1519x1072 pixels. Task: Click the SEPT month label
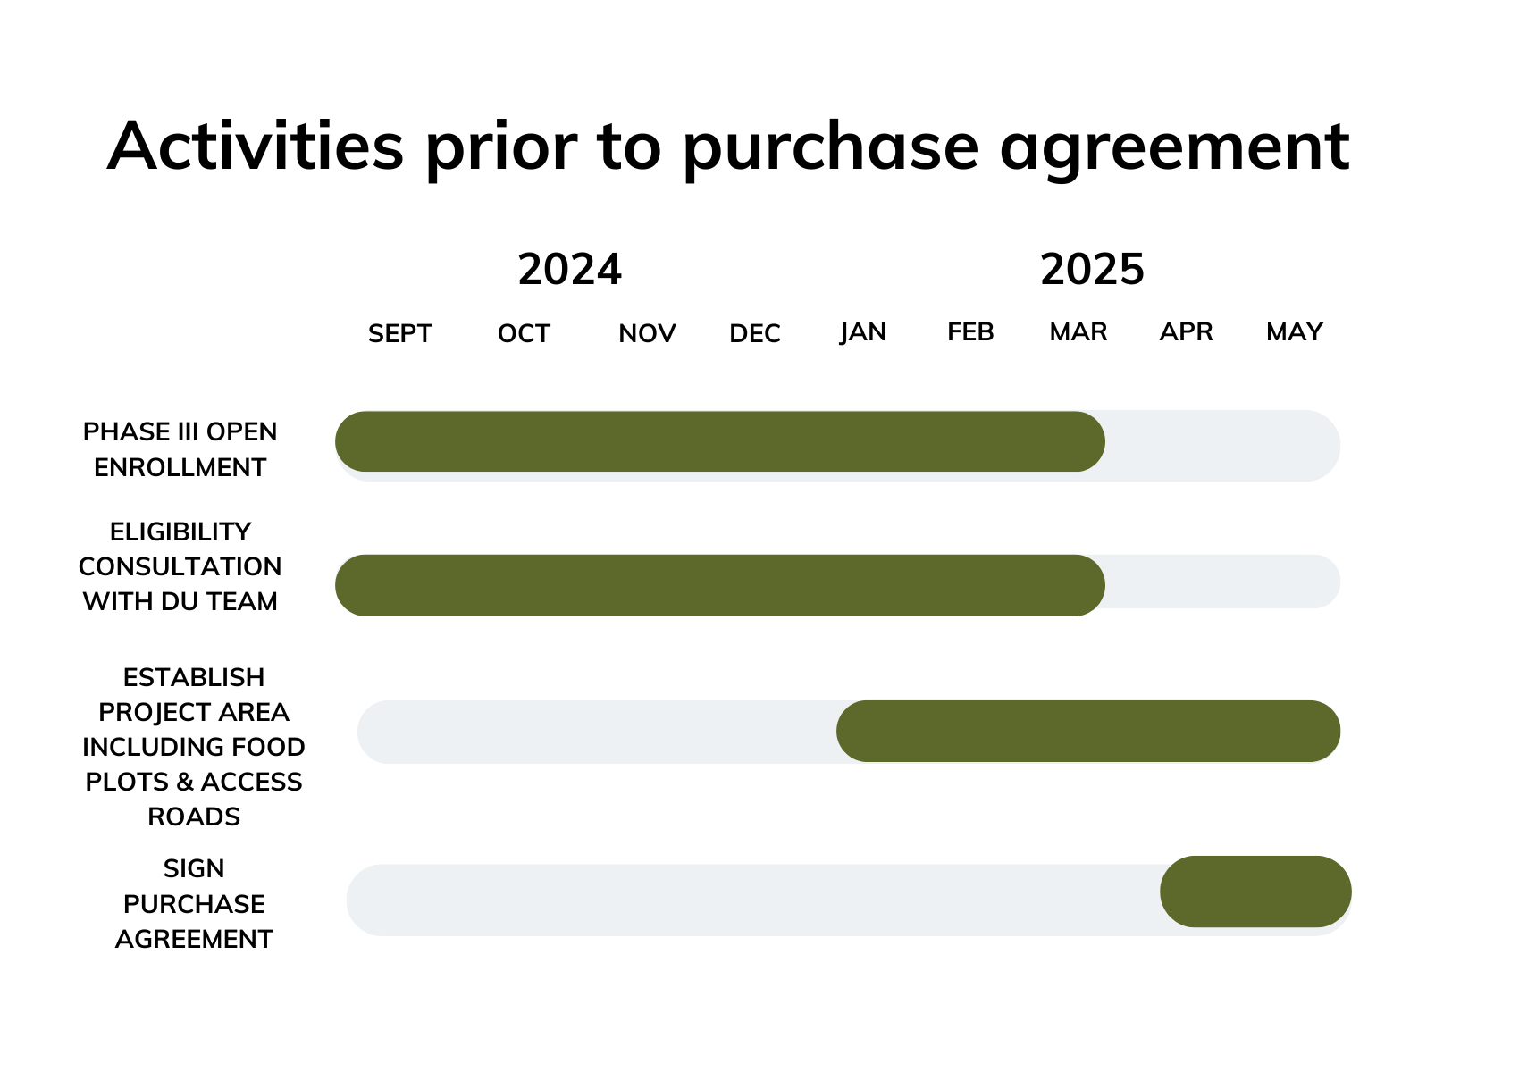click(x=399, y=333)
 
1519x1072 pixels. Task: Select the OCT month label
click(x=524, y=333)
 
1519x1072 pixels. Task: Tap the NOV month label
click(x=647, y=333)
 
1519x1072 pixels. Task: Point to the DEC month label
click(x=755, y=333)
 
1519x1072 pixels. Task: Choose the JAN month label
click(x=863, y=331)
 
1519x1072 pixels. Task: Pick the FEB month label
click(x=970, y=331)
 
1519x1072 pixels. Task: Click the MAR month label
click(x=1078, y=331)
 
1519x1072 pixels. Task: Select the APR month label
click(x=1186, y=331)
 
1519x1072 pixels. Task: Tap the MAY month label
click(x=1295, y=331)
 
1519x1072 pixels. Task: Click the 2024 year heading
click(x=569, y=270)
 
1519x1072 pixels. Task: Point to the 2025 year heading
click(x=1092, y=270)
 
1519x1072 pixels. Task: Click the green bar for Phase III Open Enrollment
click(x=719, y=441)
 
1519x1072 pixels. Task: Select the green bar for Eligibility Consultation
click(x=719, y=585)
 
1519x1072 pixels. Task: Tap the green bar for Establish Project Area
click(x=1088, y=731)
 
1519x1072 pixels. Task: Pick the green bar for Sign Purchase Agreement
click(x=1255, y=892)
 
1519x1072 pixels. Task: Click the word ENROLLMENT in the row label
click(x=180, y=467)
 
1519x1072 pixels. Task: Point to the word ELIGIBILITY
click(x=180, y=532)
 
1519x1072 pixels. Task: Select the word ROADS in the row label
click(x=194, y=817)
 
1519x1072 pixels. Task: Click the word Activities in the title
click(x=256, y=146)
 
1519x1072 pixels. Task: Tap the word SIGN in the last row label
click(x=194, y=868)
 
